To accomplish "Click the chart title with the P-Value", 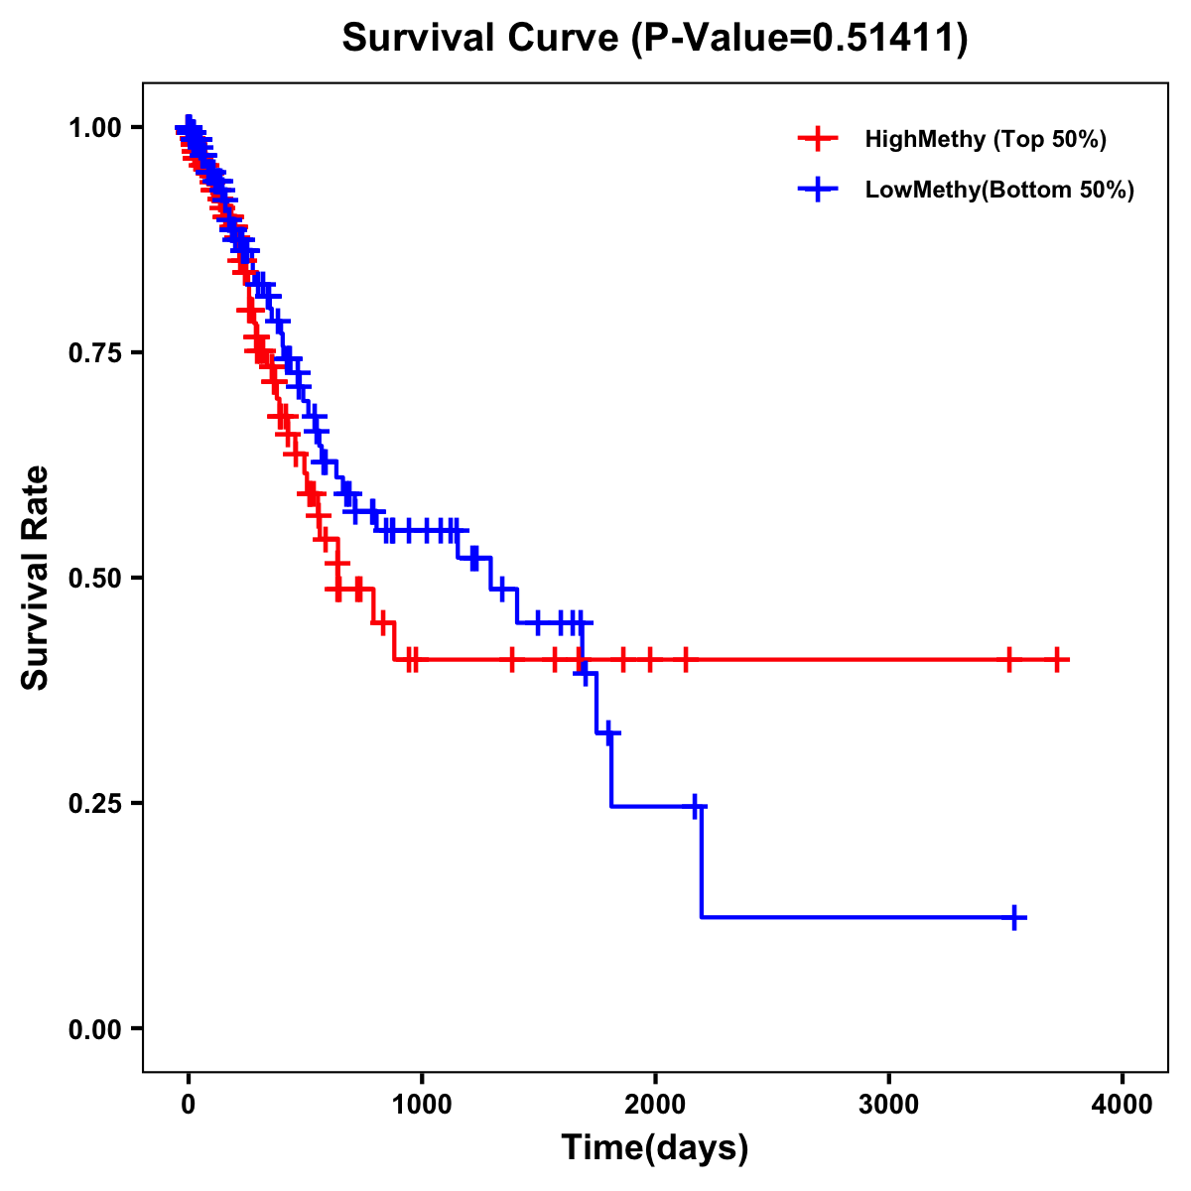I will pyautogui.click(x=655, y=39).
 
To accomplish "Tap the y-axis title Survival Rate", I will pyautogui.click(x=36, y=577).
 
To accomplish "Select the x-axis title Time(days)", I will pyautogui.click(x=655, y=1147).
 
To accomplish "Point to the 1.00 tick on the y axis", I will pyautogui.click(x=94, y=128).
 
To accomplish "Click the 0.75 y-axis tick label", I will pyautogui.click(x=94, y=353).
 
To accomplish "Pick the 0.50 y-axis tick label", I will pyautogui.click(x=94, y=579).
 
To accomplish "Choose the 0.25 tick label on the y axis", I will pyautogui.click(x=94, y=804).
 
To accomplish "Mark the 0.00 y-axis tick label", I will pyautogui.click(x=94, y=1029).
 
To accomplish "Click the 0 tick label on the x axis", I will pyautogui.click(x=189, y=1105).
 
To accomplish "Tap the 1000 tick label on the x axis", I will pyautogui.click(x=422, y=1105).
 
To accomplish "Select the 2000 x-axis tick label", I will pyautogui.click(x=655, y=1105).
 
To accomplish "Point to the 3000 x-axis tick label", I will pyautogui.click(x=888, y=1105).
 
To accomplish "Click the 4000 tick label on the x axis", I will pyautogui.click(x=1123, y=1105).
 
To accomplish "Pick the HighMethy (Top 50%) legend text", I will pyautogui.click(x=986, y=139).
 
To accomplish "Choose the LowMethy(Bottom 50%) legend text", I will pyautogui.click(x=999, y=190).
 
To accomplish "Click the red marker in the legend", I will pyautogui.click(x=817, y=139).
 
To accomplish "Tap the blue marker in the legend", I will pyautogui.click(x=817, y=190).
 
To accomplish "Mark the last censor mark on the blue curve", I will pyautogui.click(x=1015, y=918).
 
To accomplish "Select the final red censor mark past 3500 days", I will pyautogui.click(x=1057, y=659).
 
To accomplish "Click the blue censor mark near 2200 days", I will pyautogui.click(x=696, y=806).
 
